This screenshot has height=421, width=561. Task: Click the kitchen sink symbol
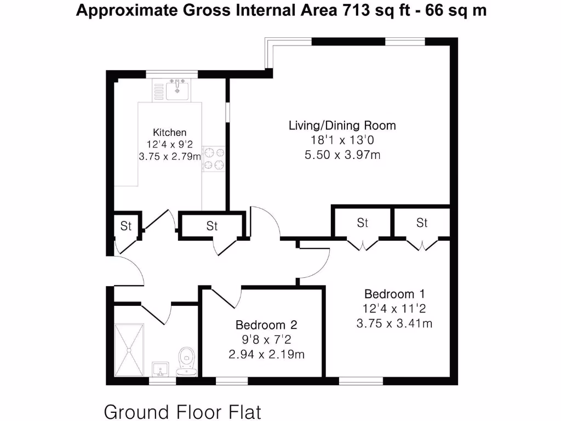click(x=177, y=89)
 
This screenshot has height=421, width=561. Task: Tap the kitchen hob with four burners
click(x=214, y=158)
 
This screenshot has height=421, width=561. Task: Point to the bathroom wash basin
click(x=161, y=369)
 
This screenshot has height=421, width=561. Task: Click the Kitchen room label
click(x=169, y=132)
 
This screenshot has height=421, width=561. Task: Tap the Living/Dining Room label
click(x=342, y=126)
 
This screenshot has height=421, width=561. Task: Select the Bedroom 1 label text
click(x=394, y=294)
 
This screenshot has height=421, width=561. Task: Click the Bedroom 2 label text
click(x=266, y=325)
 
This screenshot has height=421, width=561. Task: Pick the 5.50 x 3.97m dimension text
click(x=342, y=155)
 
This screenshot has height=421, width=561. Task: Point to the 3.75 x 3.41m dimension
click(x=394, y=323)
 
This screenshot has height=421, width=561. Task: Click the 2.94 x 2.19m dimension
click(x=266, y=354)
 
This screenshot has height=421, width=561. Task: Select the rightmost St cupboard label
click(x=421, y=223)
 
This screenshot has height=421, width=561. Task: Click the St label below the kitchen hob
click(x=212, y=226)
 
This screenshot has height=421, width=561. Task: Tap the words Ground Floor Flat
click(x=182, y=411)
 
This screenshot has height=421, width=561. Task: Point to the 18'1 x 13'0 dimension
click(x=342, y=140)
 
